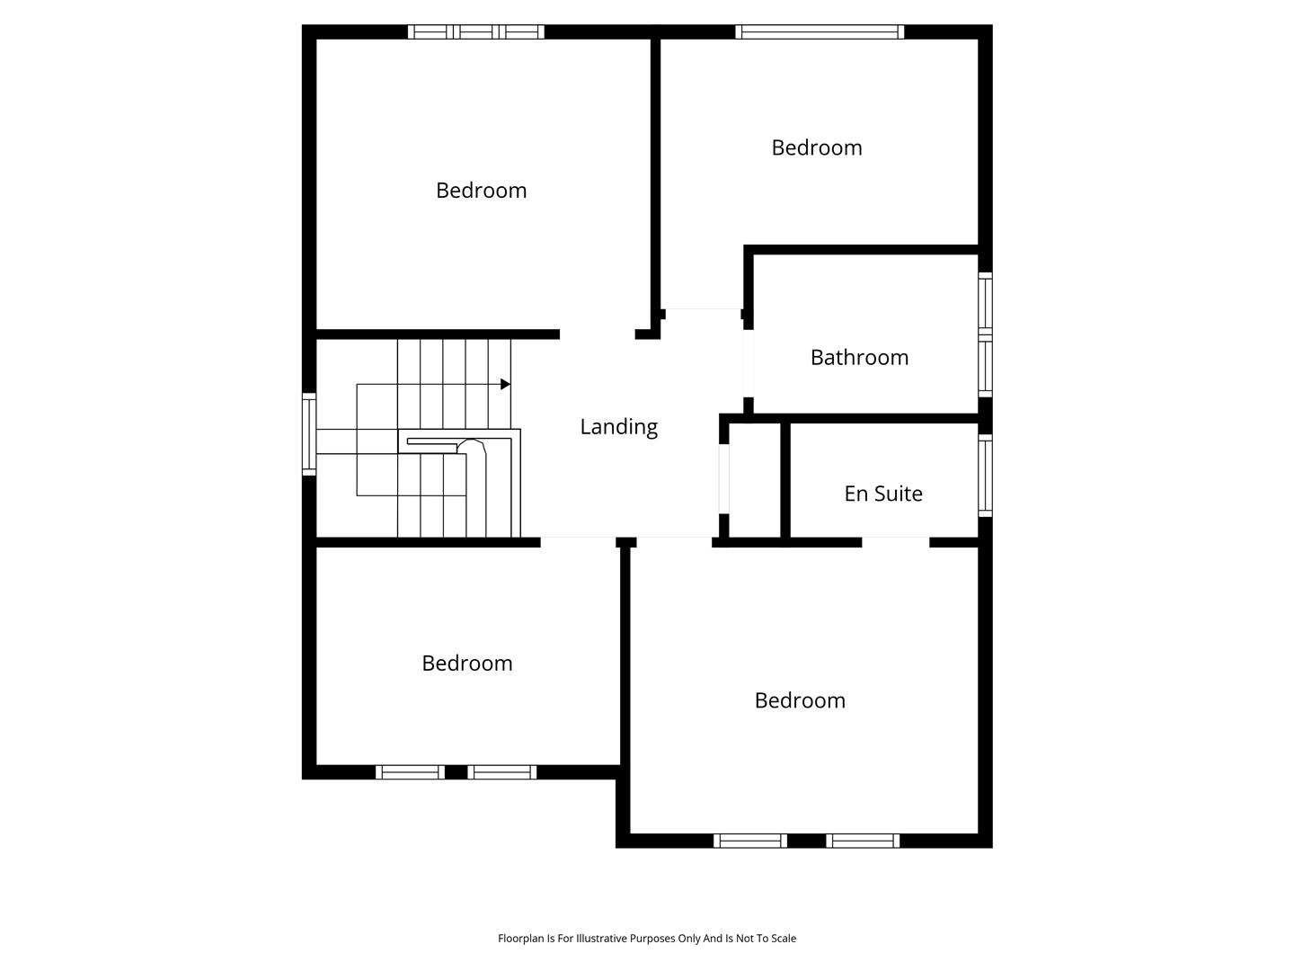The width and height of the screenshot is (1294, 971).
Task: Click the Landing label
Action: point(618,427)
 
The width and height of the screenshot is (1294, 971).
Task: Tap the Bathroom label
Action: point(859,357)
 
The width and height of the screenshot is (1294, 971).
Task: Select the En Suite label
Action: point(883,494)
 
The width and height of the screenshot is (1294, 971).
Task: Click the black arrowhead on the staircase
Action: point(505,385)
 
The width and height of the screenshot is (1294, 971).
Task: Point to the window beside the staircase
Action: point(309,434)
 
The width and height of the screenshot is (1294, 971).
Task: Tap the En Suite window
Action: point(985,476)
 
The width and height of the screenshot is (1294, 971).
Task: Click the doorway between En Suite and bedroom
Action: point(896,542)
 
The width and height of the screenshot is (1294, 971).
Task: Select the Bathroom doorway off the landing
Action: point(749,363)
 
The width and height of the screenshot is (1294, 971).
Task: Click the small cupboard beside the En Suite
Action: point(755,480)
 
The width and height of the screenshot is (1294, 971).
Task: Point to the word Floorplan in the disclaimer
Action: point(520,938)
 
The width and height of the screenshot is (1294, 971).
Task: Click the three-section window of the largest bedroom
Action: point(475,31)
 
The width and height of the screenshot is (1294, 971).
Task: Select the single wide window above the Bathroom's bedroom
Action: point(820,31)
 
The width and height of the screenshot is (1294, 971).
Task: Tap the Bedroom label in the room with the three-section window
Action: point(481,191)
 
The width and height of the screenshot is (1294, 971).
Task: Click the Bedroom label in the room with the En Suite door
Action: point(800,700)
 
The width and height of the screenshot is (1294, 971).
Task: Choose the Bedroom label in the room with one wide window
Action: point(817,147)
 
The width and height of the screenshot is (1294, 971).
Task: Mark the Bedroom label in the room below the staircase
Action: point(467,664)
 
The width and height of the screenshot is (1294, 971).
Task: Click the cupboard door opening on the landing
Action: point(724,478)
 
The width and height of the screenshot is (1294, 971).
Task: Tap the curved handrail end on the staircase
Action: point(472,446)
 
